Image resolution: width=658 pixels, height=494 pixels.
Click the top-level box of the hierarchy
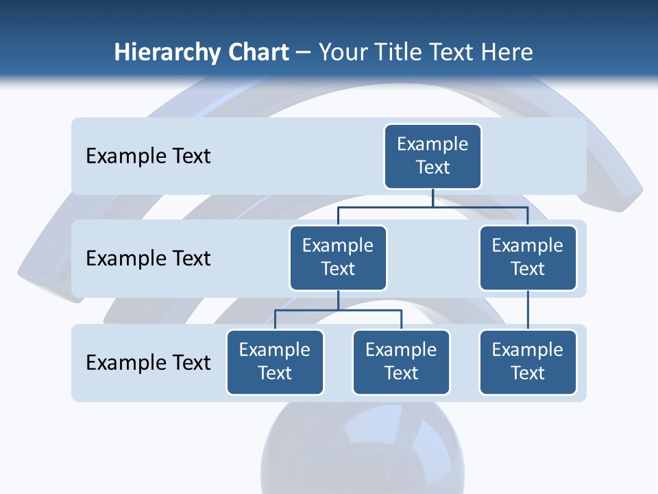coord(432,156)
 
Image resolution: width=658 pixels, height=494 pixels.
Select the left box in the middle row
coord(338,258)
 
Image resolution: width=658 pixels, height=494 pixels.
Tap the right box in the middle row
coord(528,258)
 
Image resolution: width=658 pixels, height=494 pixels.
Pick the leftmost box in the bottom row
coord(275,362)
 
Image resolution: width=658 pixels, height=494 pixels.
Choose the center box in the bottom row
coord(401,362)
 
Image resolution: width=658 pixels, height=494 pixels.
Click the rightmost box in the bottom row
coord(528,362)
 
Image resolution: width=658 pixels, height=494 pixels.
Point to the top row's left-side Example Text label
coord(148,156)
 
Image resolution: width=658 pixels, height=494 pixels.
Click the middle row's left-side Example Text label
coord(148,259)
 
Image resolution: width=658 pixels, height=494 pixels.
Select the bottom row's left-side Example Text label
coord(148,362)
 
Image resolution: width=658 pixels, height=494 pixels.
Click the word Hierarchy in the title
coord(166,53)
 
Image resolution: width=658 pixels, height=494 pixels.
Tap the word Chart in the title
coord(258,52)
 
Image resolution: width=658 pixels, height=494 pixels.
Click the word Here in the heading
coord(506,52)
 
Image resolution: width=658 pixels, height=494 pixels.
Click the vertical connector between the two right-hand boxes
coord(528,310)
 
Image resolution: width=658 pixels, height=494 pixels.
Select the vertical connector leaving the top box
coord(432,198)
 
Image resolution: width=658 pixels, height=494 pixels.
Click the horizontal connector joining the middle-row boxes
coord(432,206)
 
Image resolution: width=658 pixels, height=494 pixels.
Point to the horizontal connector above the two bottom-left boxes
coord(338,310)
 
